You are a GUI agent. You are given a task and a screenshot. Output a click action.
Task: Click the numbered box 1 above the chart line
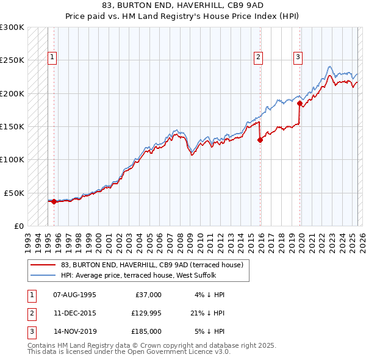52,58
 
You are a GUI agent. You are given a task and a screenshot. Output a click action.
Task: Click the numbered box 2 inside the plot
259,58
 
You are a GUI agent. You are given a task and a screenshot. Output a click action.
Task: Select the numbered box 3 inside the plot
298,58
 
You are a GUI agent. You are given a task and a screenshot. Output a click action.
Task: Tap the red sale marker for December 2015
260,140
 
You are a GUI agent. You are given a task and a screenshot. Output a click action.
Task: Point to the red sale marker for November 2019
300,103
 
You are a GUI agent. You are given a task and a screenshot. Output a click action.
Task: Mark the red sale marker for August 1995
54,201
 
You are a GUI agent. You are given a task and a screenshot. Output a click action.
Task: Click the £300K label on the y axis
12,27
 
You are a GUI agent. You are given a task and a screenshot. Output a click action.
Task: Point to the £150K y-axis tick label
12,126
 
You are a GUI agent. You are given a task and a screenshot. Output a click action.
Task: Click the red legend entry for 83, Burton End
152,265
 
